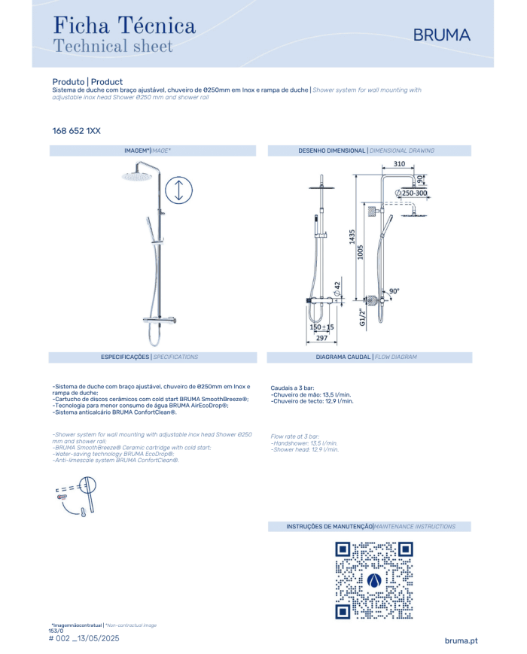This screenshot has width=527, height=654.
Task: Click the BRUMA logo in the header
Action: [441, 35]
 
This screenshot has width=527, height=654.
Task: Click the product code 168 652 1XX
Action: [76, 131]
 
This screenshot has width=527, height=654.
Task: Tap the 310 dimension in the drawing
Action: [399, 164]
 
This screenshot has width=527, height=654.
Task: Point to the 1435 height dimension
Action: [352, 236]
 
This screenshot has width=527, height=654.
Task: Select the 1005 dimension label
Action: [361, 252]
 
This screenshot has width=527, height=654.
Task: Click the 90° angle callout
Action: [394, 291]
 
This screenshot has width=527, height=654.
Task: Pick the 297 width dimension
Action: [321, 338]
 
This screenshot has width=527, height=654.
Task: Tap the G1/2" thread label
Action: [362, 318]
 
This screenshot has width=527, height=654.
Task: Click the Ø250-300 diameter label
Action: [411, 193]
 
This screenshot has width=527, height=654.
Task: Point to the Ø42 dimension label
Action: [337, 289]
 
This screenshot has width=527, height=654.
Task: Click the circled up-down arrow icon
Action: [178, 190]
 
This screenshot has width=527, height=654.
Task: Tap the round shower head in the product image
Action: [136, 177]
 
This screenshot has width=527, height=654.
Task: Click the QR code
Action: [374, 580]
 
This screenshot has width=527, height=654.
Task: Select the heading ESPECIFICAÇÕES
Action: [125, 357]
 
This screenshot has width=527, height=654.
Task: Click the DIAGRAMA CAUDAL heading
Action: [343, 357]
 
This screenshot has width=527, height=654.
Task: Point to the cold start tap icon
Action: [76, 497]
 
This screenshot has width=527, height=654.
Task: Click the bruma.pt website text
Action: [461, 640]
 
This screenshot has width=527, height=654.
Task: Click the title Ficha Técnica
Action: [124, 26]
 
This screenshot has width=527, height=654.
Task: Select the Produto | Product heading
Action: [87, 82]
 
